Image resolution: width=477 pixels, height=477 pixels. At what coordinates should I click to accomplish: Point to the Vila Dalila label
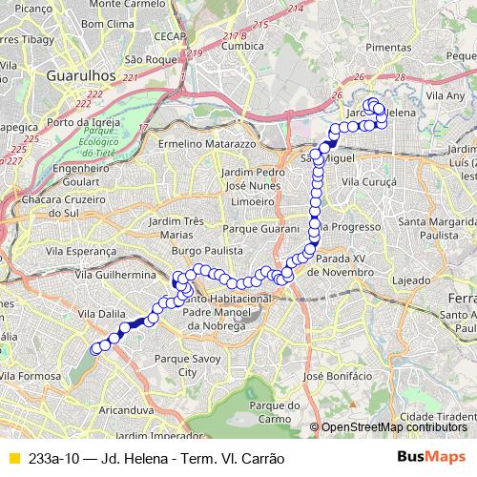[100, 313]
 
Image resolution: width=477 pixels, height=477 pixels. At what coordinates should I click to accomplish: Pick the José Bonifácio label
[331, 377]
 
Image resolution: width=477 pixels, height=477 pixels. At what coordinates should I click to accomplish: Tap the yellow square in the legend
[13, 457]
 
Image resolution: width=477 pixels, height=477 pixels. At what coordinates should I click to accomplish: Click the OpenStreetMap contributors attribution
[394, 427]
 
